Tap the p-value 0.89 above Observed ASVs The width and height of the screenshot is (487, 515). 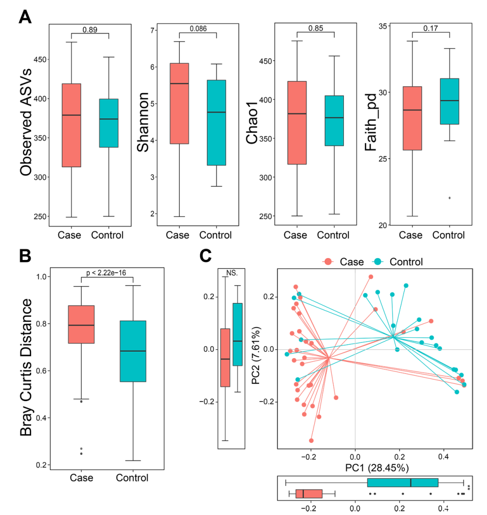tap(89, 30)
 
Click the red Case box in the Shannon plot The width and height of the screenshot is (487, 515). tap(179, 103)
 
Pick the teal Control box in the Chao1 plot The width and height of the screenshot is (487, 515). tap(334, 120)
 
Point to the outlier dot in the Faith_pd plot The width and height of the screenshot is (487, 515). tap(450, 198)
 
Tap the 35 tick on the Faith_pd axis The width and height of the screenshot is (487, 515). tap(382, 26)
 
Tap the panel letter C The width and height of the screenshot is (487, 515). tap(205, 257)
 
